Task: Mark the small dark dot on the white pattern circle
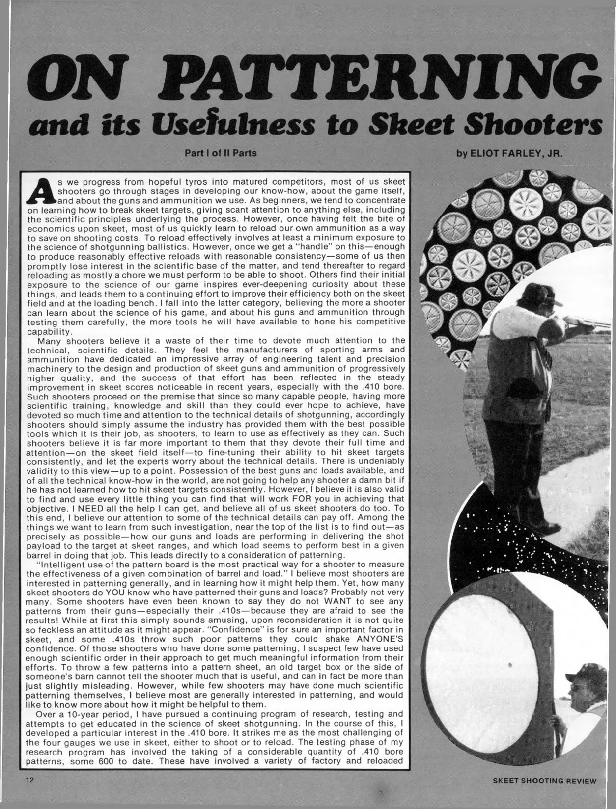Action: coord(510,664)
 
